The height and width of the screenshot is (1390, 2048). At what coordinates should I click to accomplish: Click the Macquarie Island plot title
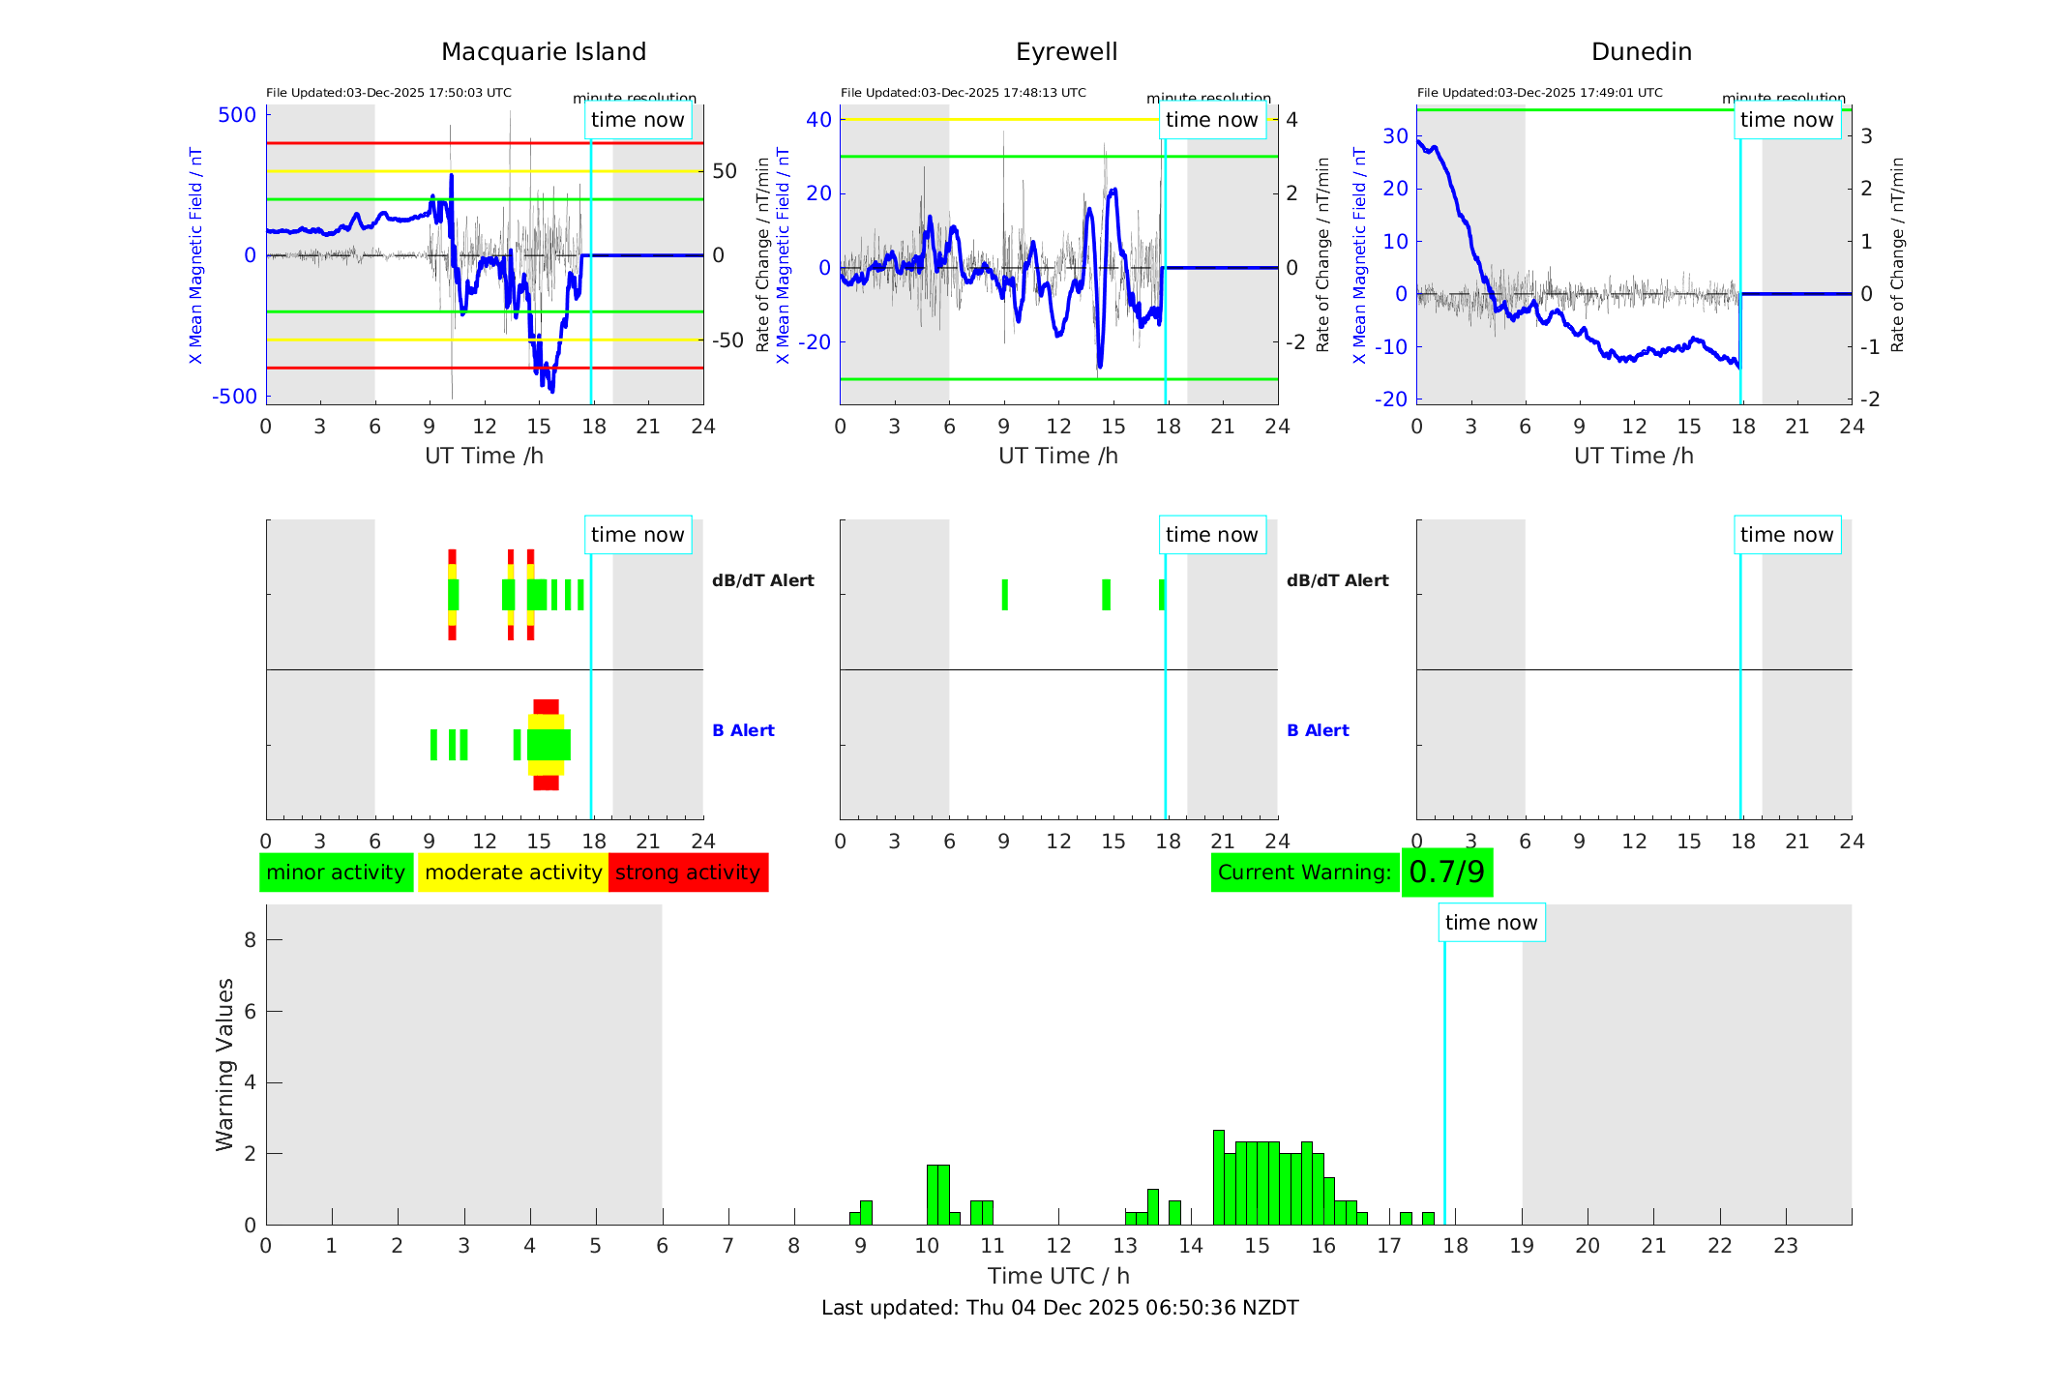544,51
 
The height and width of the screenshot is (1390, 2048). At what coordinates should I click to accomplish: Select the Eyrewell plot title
1066,51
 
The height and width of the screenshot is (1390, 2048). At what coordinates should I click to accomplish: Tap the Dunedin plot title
1641,51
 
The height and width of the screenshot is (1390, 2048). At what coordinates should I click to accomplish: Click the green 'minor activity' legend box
336,872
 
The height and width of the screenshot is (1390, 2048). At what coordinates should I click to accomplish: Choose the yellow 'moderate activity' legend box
513,872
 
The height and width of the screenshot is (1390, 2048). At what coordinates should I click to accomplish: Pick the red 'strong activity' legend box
688,872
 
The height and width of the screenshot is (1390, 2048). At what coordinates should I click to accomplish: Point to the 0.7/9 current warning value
1447,872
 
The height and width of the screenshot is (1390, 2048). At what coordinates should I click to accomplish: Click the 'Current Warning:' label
1304,872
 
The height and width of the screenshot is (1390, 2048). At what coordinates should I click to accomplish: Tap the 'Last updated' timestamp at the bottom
1059,1308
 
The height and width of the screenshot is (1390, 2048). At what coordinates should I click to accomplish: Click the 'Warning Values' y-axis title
225,1064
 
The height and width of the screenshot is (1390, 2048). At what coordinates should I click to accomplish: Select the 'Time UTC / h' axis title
1058,1276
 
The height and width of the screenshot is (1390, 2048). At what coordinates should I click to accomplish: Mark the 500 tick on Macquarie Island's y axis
237,115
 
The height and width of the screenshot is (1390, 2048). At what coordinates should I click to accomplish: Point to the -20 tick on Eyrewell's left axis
817,341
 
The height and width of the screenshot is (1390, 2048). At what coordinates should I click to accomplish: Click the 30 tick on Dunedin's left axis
1395,136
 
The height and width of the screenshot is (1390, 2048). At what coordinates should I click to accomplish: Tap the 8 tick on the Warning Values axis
250,939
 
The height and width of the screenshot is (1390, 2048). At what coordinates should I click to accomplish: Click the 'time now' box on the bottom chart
1491,923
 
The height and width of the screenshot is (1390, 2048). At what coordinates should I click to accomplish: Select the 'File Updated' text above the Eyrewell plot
963,93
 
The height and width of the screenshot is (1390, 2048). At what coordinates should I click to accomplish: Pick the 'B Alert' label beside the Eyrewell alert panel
1318,730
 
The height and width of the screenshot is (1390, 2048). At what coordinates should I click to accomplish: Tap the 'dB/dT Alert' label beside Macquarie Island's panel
762,580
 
